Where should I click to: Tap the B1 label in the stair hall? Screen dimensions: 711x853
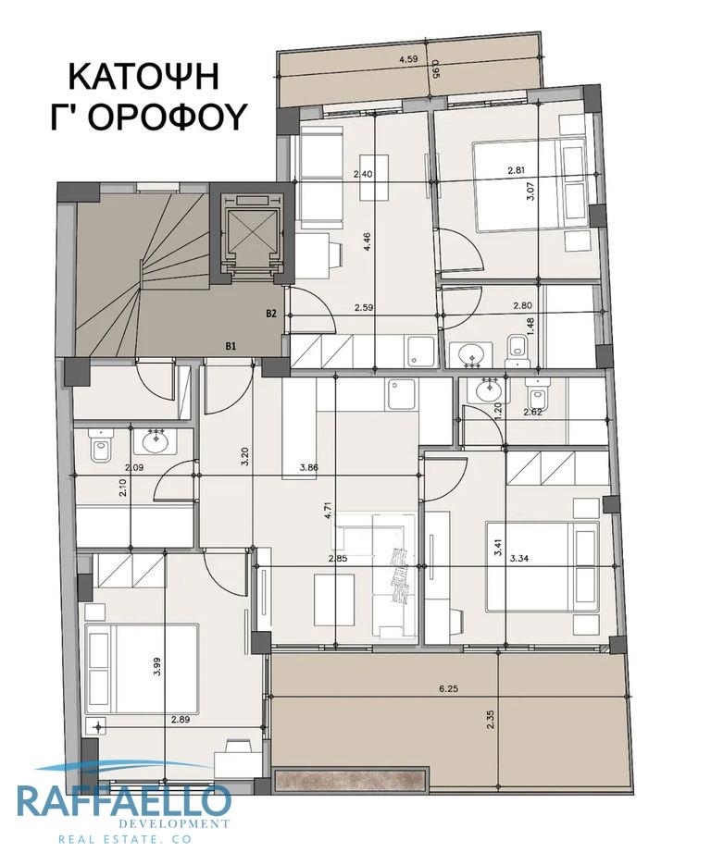tap(231, 345)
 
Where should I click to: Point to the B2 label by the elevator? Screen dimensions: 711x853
tap(271, 314)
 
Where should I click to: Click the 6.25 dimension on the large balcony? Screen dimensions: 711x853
tap(449, 688)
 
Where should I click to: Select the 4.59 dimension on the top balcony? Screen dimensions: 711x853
tap(408, 59)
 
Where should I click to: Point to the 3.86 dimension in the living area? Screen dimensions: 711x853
tap(308, 467)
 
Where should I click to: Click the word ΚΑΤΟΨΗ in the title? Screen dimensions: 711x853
tap(143, 77)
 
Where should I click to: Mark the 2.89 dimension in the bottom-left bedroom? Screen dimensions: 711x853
tap(181, 720)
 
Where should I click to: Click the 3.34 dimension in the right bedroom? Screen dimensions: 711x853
tap(520, 557)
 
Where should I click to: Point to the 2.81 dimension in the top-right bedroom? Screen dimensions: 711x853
tap(516, 169)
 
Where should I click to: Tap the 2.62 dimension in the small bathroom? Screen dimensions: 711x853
tap(532, 412)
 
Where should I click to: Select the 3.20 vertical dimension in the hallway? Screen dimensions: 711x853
tap(245, 456)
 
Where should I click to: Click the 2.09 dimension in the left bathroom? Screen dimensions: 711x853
tap(134, 467)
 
